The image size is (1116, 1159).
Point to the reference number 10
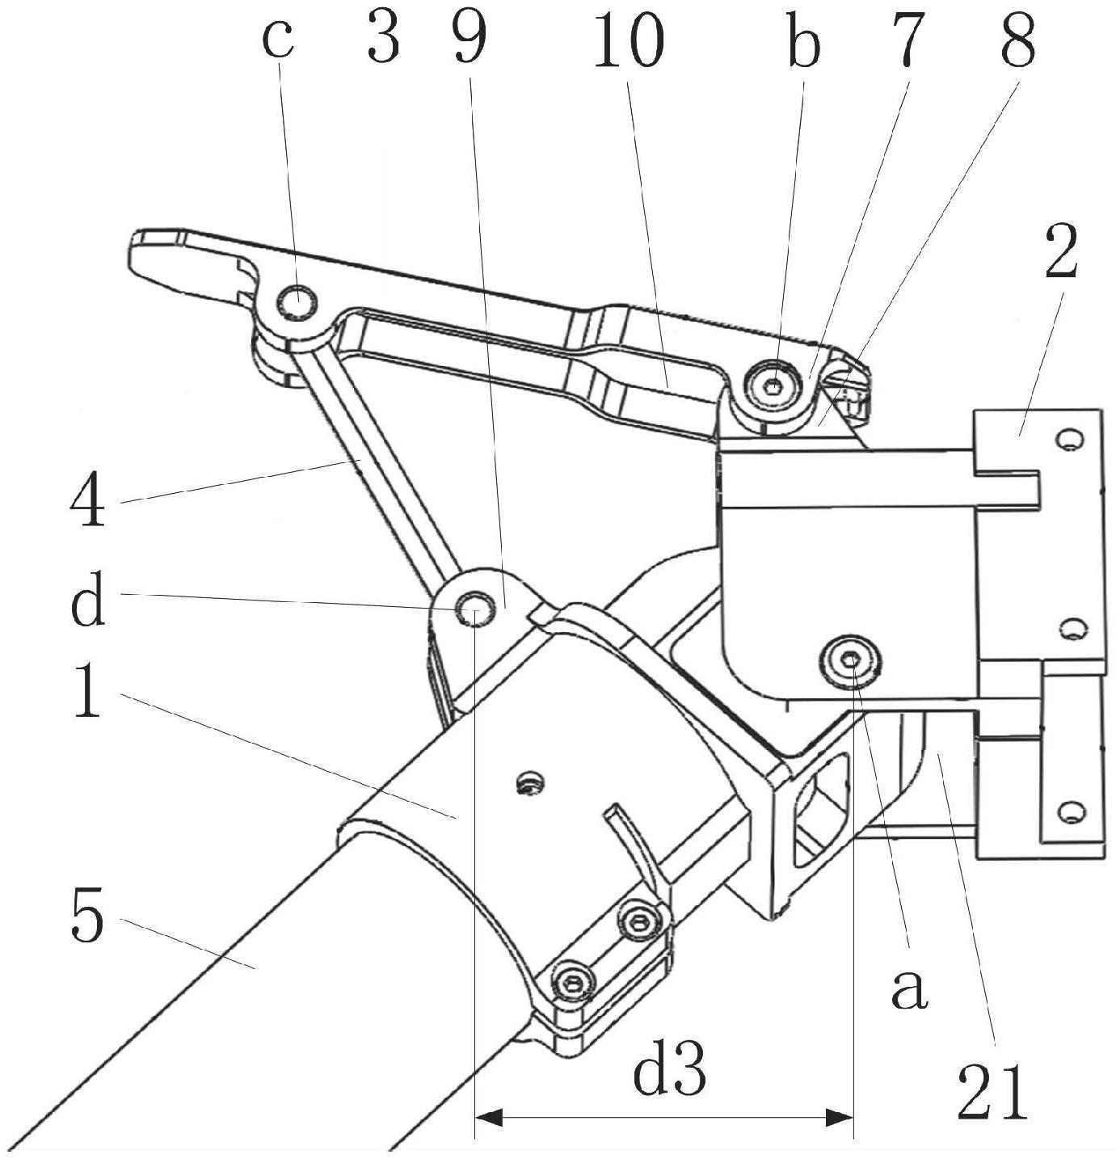tap(628, 40)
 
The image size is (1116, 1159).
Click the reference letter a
tap(909, 988)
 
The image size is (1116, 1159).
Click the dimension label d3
tap(670, 1072)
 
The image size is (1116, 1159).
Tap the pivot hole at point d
tap(473, 607)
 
